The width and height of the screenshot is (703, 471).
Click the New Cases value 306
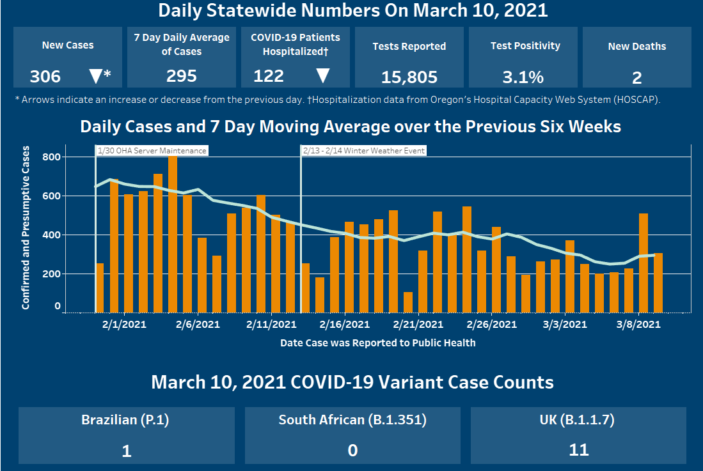45,77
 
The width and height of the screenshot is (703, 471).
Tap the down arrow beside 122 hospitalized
322,75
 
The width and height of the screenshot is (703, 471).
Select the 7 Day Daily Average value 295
182,76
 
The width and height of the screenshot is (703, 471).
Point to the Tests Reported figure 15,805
409,77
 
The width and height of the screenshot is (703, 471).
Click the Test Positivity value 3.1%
523,77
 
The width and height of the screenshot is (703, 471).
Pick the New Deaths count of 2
636,78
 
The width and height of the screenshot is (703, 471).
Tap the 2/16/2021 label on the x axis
345,324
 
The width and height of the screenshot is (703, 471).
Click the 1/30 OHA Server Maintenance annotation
152,151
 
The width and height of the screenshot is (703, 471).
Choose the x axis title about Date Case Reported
377,343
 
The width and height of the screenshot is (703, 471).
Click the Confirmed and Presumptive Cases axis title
26,228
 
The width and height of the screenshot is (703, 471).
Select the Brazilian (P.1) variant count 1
127,451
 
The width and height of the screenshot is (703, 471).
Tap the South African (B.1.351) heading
352,420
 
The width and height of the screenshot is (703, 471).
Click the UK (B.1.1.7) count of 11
578,449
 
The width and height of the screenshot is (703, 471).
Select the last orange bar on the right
658,282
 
